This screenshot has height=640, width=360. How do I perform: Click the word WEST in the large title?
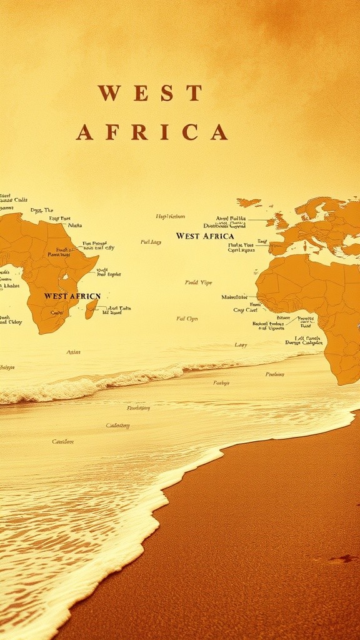click(x=150, y=93)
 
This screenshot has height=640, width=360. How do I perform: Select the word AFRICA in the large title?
click(x=151, y=132)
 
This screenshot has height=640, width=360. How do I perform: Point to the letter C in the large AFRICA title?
click(x=189, y=132)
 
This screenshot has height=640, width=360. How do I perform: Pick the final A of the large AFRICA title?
click(x=219, y=132)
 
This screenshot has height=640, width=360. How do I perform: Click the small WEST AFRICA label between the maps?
click(x=205, y=236)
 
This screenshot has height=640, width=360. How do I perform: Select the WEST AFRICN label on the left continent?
click(x=72, y=296)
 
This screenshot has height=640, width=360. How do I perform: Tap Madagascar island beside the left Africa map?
click(x=91, y=308)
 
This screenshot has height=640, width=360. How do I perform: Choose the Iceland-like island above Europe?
click(x=249, y=202)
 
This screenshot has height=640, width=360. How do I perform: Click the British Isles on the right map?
click(x=277, y=221)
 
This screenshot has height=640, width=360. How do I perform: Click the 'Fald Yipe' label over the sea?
click(x=199, y=282)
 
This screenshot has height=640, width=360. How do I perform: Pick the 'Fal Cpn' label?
click(x=187, y=319)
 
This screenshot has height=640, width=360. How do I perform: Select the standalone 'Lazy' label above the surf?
click(x=241, y=344)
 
